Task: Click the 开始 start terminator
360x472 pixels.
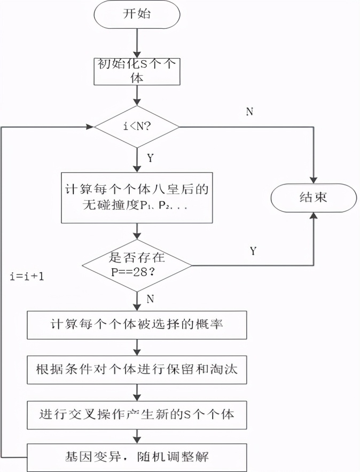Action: coord(137,14)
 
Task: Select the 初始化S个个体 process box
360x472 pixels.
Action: coord(137,70)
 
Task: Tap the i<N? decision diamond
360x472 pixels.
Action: coord(137,127)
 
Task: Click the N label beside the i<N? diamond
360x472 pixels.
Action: coord(249,111)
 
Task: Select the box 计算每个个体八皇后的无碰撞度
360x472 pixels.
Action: coord(137,198)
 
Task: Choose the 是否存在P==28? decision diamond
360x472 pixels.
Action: coord(137,265)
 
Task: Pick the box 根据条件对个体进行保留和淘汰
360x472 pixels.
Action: coord(137,369)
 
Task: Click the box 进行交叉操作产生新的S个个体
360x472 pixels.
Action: coord(137,413)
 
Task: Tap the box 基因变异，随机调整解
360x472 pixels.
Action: coord(137,458)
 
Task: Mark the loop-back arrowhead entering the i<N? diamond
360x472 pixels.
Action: coord(90,127)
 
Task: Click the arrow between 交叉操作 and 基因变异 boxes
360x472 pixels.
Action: coord(137,435)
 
